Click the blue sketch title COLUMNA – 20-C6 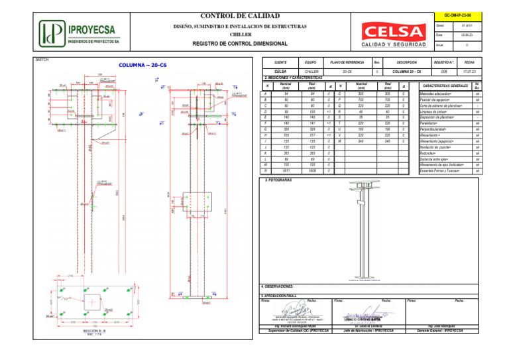142,66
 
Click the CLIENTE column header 280,61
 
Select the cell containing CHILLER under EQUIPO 311,70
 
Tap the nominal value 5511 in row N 286,170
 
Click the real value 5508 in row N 312,170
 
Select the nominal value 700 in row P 361,99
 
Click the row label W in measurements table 340,141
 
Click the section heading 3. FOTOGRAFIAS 278,180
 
